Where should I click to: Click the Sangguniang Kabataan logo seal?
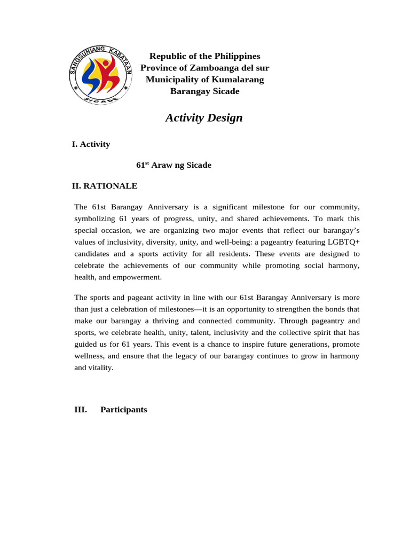click(x=101, y=74)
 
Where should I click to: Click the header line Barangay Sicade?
click(x=204, y=91)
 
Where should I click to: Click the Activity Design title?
click(x=204, y=118)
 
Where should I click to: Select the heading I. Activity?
click(x=91, y=144)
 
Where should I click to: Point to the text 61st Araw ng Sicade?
click(x=174, y=165)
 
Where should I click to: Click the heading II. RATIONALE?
click(x=105, y=186)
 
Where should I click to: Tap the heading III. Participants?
click(x=110, y=410)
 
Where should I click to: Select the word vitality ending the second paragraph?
click(x=101, y=368)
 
